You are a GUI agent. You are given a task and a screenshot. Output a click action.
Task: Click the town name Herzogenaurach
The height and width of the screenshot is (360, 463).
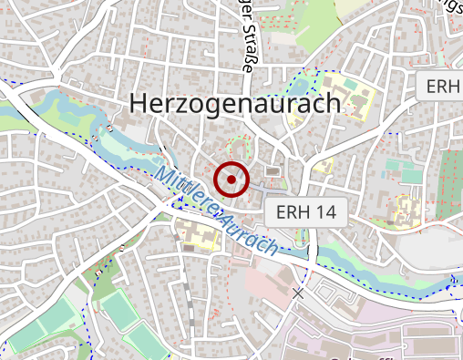235,103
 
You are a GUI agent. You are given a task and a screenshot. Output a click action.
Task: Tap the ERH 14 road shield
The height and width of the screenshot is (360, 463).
306,212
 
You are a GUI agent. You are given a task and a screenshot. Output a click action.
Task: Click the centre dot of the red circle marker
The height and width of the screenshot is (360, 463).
232,180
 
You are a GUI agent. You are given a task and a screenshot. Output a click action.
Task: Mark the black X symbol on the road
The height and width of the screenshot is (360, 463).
298,293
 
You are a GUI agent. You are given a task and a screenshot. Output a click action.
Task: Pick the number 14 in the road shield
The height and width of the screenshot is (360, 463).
321,212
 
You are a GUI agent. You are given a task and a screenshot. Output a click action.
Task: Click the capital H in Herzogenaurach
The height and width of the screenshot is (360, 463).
139,103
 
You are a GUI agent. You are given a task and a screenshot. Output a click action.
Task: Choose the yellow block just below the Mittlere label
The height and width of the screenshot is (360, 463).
195,232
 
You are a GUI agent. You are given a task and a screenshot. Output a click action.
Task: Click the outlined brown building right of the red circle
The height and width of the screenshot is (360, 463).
272,171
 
